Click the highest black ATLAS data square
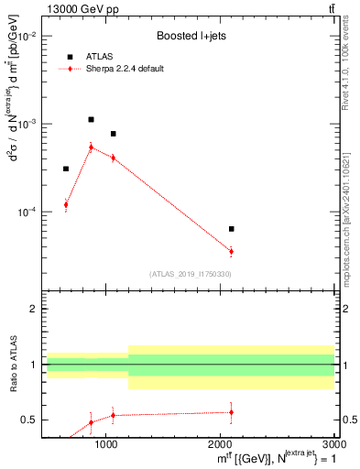click(91, 119)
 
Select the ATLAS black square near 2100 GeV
click(232, 229)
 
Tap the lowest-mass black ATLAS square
click(66, 169)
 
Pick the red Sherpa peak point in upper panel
click(91, 147)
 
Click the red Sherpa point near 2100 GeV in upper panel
click(232, 251)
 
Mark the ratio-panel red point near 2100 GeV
click(232, 412)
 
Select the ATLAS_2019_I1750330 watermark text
click(190, 274)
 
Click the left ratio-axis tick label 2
click(33, 310)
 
